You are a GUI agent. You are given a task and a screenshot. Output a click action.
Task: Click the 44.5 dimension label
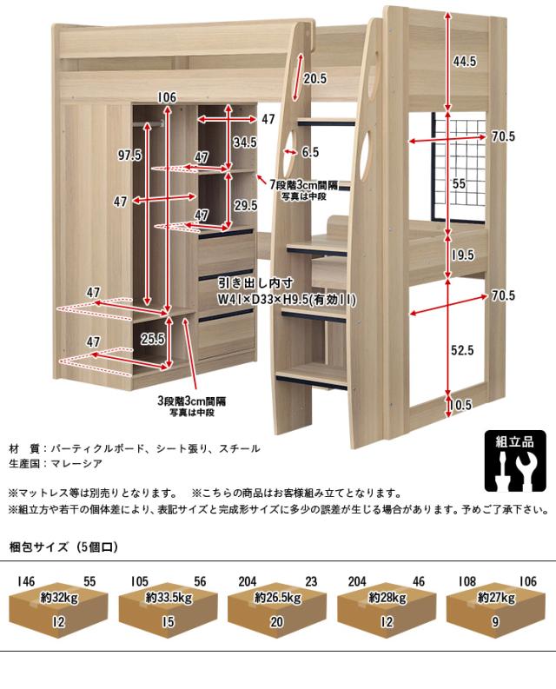pyautogui.click(x=465, y=61)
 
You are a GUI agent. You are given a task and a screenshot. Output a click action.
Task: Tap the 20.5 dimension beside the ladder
pyautogui.click(x=315, y=78)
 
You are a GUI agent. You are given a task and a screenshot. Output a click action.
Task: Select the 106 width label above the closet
pyautogui.click(x=168, y=96)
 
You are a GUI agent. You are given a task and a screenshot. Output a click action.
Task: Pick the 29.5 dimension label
pyautogui.click(x=246, y=206)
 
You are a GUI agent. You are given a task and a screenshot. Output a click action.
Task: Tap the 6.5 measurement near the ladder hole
pyautogui.click(x=310, y=152)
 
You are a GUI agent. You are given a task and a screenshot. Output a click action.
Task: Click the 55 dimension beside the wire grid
pyautogui.click(x=460, y=184)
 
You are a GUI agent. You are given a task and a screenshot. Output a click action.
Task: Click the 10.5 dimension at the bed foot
pyautogui.click(x=461, y=404)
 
